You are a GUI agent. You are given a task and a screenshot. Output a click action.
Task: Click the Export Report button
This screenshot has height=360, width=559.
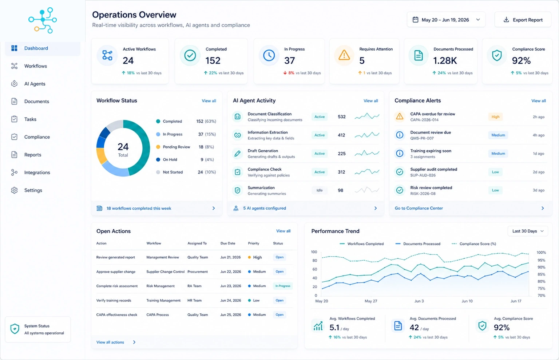point(523,20)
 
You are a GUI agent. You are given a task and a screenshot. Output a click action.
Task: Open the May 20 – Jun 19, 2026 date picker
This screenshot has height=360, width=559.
point(446,20)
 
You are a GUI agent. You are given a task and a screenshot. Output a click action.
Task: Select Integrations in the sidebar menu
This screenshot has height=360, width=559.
point(37,173)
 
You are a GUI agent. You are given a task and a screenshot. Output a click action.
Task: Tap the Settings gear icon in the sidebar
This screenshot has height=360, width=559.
point(14,190)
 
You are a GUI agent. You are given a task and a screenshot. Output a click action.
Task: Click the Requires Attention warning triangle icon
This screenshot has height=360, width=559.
point(344,55)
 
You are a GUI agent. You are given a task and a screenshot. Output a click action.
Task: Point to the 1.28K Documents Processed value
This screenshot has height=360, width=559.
point(445,61)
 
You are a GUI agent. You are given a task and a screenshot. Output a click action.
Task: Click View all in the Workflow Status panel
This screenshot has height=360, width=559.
point(209,101)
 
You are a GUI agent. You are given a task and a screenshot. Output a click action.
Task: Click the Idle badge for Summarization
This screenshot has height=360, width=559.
point(320,190)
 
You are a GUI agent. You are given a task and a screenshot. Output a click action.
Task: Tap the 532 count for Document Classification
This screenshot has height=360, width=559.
point(342,116)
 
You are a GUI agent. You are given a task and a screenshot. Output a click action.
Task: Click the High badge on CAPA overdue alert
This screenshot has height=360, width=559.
point(495,116)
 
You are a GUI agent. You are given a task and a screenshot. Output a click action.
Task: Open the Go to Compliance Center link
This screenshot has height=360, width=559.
point(419,208)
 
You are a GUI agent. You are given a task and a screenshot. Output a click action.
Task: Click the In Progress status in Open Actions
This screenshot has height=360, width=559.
point(283,286)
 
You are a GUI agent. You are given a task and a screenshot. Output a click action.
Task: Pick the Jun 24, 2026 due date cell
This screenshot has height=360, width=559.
point(231,300)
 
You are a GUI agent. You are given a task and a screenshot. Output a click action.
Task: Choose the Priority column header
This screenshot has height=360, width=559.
point(254,243)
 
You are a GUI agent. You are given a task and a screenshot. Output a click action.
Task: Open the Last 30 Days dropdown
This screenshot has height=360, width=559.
point(528,231)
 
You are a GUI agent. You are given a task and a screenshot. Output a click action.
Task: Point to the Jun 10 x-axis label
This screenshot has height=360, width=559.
point(467,301)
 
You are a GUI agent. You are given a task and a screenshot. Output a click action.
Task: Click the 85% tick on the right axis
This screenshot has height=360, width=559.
point(541,274)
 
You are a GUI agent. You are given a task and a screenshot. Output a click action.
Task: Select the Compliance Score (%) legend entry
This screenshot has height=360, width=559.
point(474,244)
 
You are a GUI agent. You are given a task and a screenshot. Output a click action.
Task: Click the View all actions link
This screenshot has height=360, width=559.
point(110,342)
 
